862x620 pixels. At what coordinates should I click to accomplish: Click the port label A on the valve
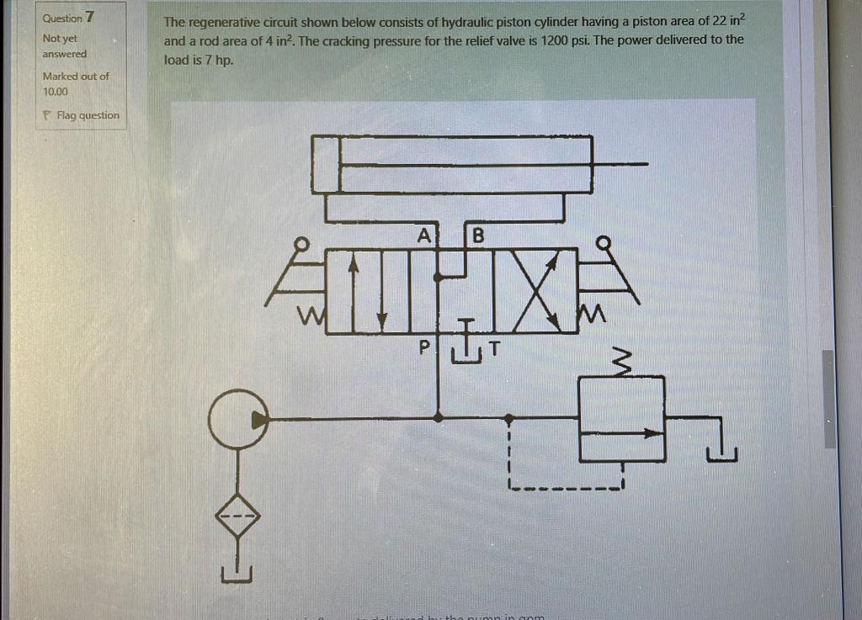[x=424, y=235]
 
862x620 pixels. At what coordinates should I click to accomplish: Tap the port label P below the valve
[x=424, y=346]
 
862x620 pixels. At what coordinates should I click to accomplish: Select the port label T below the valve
[x=494, y=347]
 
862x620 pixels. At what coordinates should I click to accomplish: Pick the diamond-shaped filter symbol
[x=237, y=515]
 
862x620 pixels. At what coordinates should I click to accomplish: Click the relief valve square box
[x=622, y=418]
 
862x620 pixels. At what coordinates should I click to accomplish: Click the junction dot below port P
[x=437, y=416]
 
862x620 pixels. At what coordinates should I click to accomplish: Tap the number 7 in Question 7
[x=89, y=17]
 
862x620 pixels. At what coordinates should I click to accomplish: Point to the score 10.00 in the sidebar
[x=56, y=91]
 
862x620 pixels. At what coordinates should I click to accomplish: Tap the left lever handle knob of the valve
[x=298, y=244]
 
